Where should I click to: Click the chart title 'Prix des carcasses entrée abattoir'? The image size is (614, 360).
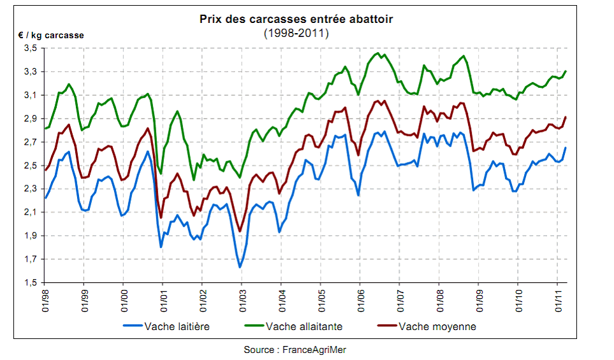click(x=296, y=19)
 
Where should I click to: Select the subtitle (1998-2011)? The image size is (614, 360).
click(x=296, y=32)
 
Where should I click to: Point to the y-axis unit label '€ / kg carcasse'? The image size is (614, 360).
click(x=50, y=36)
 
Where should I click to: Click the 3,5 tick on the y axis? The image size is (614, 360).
click(x=29, y=48)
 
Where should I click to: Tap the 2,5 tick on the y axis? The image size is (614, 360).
click(x=29, y=166)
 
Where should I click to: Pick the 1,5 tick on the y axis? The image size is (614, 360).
click(x=29, y=283)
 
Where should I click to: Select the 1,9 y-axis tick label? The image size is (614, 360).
click(x=29, y=236)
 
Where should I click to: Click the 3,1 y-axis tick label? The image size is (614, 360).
click(x=29, y=96)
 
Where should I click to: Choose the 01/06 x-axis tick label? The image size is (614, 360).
click(x=360, y=299)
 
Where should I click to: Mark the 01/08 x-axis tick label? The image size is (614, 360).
click(x=439, y=299)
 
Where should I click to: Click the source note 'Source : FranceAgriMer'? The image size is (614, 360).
click(x=295, y=350)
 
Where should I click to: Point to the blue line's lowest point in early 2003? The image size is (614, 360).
click(x=240, y=267)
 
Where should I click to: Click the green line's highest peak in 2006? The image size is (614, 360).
click(x=378, y=54)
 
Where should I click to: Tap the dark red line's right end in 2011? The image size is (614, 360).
click(x=566, y=117)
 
